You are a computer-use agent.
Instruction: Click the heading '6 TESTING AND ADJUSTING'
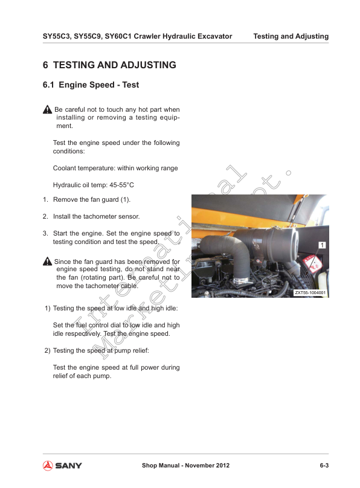point(109,65)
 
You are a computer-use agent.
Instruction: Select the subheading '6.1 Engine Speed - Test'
point(91,85)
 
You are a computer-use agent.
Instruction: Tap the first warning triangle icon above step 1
point(48,109)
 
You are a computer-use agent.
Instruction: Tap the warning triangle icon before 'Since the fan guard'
point(48,261)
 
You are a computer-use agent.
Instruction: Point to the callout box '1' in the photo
point(323,245)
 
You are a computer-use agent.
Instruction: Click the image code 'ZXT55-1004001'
point(310,292)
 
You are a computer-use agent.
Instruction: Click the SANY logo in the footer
point(62,465)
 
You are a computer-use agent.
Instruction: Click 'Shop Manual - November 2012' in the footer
point(185,465)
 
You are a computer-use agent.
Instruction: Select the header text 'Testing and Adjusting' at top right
point(291,36)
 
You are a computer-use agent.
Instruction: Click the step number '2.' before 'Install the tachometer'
point(45,216)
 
